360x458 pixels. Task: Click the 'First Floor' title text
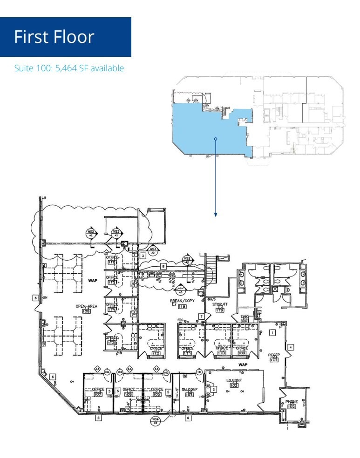click(x=54, y=37)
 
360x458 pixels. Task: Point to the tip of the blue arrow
click(x=216, y=215)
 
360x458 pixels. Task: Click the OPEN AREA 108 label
click(x=86, y=308)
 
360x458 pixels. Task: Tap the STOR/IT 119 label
click(x=220, y=307)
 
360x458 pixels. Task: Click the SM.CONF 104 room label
click(x=189, y=392)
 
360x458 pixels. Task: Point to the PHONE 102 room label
click(x=292, y=404)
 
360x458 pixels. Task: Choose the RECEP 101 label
click(x=273, y=357)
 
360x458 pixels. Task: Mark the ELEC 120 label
click(x=245, y=319)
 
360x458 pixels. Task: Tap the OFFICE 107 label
click(x=98, y=392)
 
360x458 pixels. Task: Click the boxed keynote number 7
click(x=201, y=317)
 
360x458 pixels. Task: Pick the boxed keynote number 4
click(x=290, y=347)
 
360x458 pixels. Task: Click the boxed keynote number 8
click(x=163, y=266)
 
